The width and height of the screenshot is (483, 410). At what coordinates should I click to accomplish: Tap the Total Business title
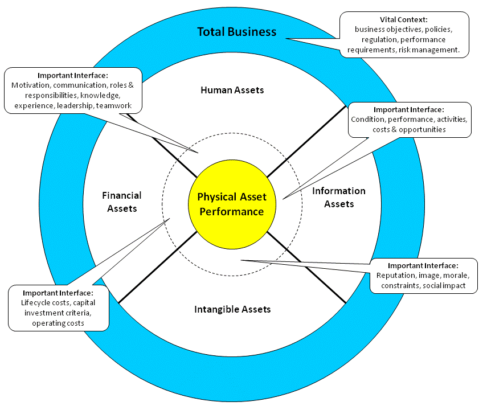coord(236,32)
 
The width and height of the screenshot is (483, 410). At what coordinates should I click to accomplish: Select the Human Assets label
coord(232,90)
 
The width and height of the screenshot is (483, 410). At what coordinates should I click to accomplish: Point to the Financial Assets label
coord(122,202)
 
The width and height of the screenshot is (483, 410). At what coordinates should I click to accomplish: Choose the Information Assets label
coord(339,197)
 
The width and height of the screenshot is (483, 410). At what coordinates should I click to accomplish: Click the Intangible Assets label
coord(232,309)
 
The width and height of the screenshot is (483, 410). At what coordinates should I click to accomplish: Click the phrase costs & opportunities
coord(409,130)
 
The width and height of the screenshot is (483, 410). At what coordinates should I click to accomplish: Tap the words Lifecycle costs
coord(46,303)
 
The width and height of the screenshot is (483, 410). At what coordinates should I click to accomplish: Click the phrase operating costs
coord(59,323)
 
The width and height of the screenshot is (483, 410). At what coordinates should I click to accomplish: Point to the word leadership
coord(75,106)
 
